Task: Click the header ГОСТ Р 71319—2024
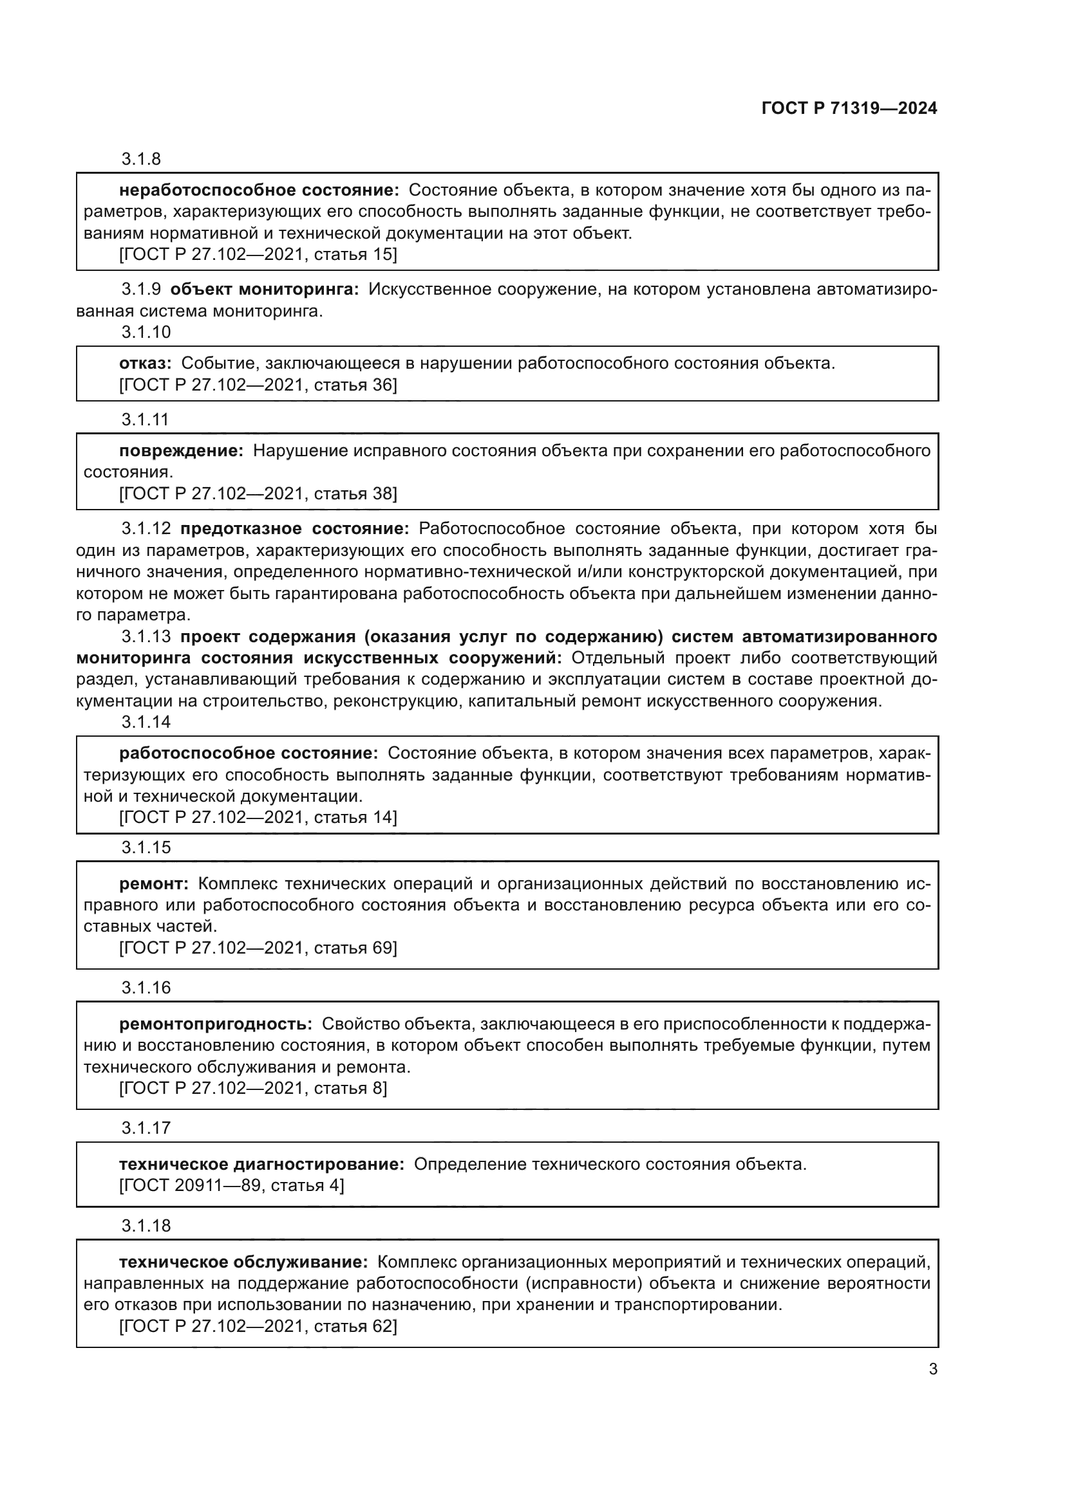849,109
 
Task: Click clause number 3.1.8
141,160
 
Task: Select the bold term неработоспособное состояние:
259,190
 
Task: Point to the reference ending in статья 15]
258,254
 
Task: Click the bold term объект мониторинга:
264,290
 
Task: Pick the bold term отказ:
145,364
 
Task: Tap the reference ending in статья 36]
258,385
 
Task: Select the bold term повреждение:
181,451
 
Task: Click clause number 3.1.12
146,529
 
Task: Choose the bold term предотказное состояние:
294,529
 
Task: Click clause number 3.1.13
146,636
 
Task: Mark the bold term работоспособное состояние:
249,754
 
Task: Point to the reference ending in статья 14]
258,817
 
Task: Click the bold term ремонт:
153,884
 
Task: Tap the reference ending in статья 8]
252,1088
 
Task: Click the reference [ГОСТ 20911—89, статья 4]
231,1185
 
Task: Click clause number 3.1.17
146,1128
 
